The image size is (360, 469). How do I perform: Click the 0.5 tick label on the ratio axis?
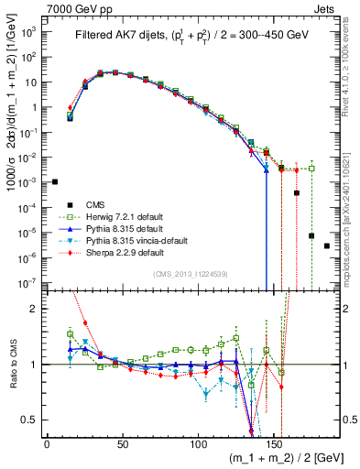tap(29, 420)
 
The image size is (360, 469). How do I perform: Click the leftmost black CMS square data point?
tap(55, 181)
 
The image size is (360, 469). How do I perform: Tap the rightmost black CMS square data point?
tap(327, 246)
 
